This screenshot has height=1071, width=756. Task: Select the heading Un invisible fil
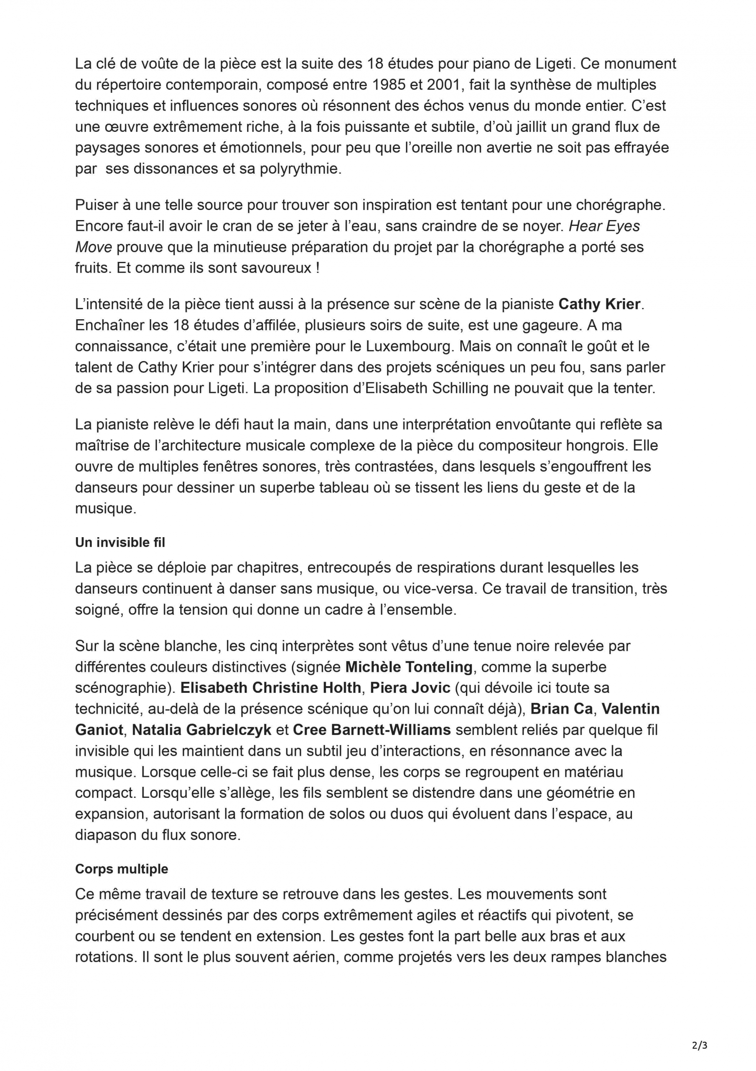coord(120,542)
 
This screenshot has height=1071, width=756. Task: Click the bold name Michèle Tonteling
coord(409,666)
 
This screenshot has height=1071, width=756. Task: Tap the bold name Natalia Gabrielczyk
coord(201,730)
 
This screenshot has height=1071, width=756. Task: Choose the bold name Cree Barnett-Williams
coord(372,730)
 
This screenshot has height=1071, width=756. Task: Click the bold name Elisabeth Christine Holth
coord(270,687)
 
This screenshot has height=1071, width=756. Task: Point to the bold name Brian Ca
coord(561,709)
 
